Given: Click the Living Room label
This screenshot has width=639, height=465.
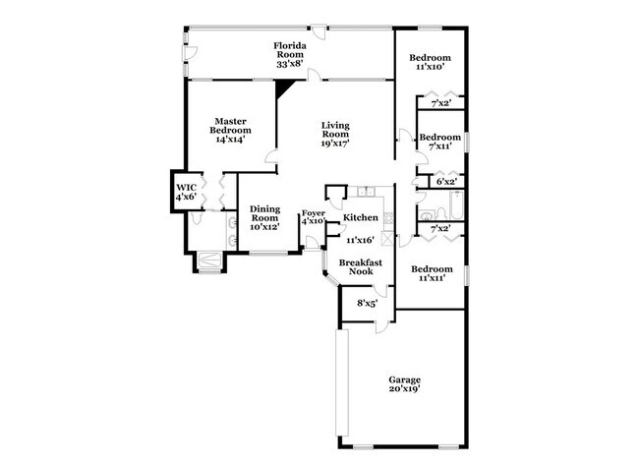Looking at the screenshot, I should [x=337, y=130].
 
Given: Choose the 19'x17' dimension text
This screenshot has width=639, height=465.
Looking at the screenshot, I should [x=337, y=144].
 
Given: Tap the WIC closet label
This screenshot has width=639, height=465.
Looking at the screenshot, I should [x=186, y=186].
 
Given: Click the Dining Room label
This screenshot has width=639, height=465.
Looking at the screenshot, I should [x=264, y=213].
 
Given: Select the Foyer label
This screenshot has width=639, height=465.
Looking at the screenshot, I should [x=313, y=212].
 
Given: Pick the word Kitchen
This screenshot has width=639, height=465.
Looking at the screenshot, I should [x=360, y=217].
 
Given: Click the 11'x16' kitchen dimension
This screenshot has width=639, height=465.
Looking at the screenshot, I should [x=360, y=239].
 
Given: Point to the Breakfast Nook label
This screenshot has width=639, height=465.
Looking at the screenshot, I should [x=360, y=268].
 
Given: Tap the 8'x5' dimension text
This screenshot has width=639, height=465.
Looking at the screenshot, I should [x=368, y=304].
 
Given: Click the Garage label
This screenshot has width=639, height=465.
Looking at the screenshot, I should [x=404, y=379].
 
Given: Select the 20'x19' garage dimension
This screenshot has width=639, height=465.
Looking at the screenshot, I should [x=404, y=389].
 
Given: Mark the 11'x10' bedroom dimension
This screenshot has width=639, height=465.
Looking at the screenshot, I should [x=431, y=68].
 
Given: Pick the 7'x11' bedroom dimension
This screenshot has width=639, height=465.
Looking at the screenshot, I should [x=438, y=146].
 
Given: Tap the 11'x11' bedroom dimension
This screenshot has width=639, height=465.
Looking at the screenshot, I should [x=432, y=278].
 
